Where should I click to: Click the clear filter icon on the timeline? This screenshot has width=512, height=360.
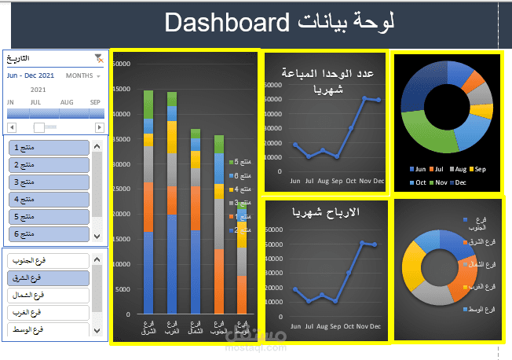pos(98,57)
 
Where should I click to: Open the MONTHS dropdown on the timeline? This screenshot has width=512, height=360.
pos(83,76)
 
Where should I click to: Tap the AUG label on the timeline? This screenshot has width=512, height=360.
pos(66,102)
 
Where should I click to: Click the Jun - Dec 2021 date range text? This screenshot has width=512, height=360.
pos(31,76)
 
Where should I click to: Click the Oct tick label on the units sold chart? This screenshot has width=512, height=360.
pos(350,180)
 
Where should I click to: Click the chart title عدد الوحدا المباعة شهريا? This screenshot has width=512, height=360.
pos(326,81)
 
